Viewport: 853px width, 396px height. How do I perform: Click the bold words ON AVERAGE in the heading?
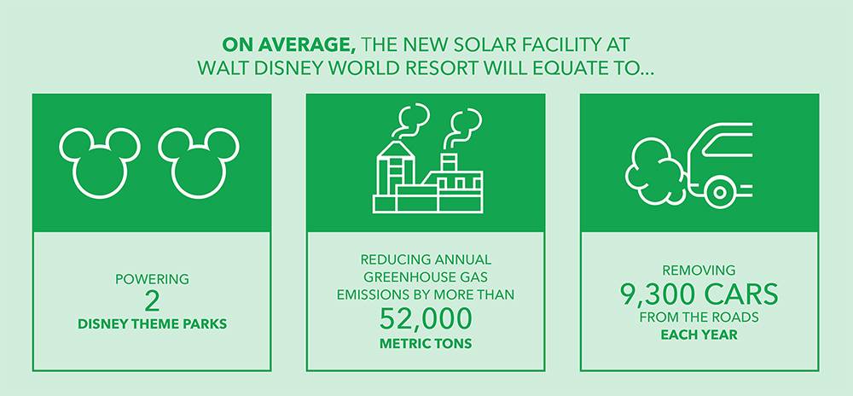[x=289, y=45]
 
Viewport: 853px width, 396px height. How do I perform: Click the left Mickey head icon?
[x=100, y=163]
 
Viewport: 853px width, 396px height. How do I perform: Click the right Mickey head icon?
[x=199, y=163]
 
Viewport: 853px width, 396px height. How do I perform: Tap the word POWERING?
[x=153, y=280]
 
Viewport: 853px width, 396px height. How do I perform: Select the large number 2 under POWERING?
[x=153, y=301]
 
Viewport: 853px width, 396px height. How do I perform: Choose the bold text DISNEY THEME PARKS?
[x=153, y=324]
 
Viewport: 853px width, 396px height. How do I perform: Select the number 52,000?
[x=426, y=318]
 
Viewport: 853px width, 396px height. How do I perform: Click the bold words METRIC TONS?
[x=426, y=344]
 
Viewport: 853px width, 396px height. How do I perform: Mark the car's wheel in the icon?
[x=720, y=193]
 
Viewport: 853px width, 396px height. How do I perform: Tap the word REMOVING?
[x=699, y=271]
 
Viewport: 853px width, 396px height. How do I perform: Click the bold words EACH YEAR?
[x=699, y=335]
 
